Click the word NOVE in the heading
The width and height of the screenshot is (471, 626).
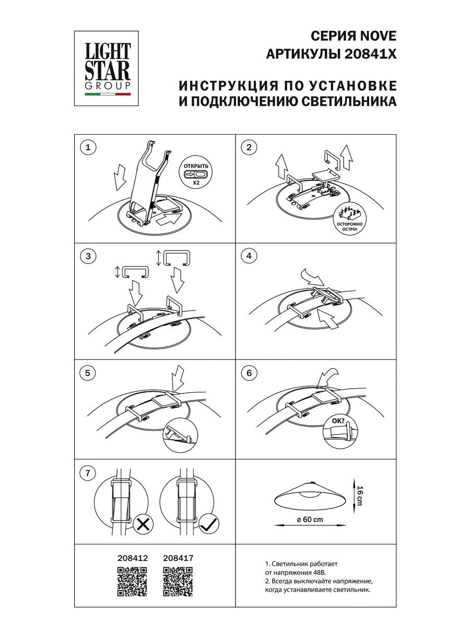point(377,35)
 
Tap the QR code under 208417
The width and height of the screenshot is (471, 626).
point(178,581)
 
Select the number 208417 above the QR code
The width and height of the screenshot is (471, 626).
point(178,558)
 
